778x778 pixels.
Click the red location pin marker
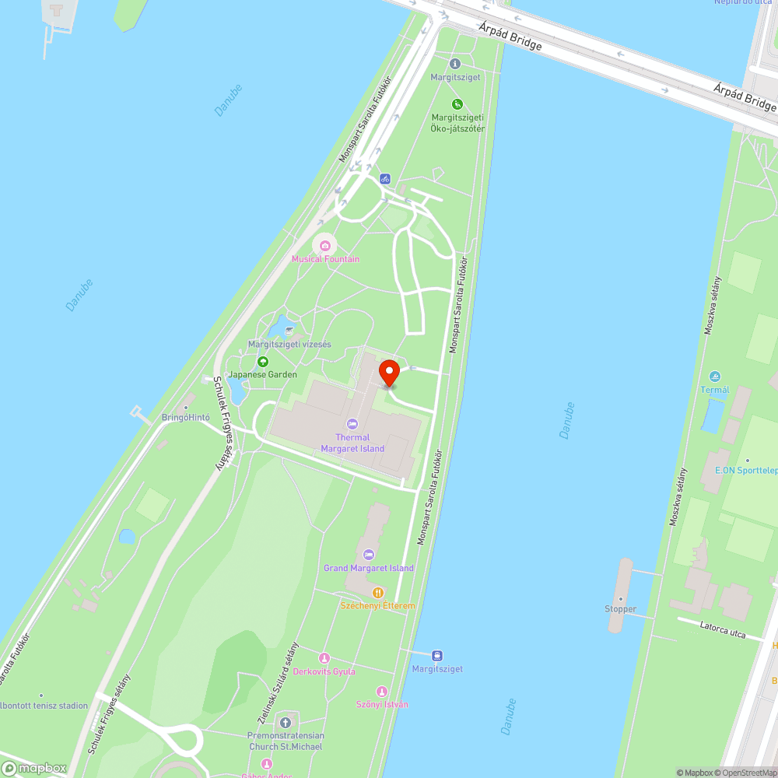(x=389, y=372)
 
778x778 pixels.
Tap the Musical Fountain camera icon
(x=325, y=246)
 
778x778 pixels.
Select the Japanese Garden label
(x=262, y=374)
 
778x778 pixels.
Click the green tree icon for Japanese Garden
(x=263, y=361)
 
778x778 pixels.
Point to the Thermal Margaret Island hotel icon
(x=352, y=424)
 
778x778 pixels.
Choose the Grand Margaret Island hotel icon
(x=369, y=555)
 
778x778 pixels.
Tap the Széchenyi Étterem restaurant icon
(x=377, y=592)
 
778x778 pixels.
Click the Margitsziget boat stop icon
(x=437, y=655)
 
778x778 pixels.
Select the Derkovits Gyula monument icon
(x=324, y=658)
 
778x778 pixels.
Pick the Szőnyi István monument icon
(x=381, y=691)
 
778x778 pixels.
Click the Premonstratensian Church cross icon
(x=286, y=723)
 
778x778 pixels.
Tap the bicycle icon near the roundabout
(x=384, y=179)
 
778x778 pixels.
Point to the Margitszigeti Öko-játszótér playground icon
(x=457, y=104)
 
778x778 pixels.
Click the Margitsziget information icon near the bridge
(x=455, y=64)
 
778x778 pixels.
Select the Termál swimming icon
(x=714, y=377)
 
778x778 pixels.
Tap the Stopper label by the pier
(x=620, y=609)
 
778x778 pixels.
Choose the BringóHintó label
(x=185, y=418)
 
